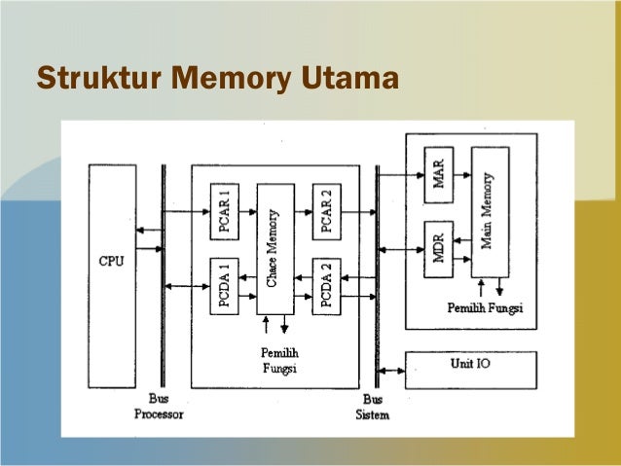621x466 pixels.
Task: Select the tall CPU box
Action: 112,263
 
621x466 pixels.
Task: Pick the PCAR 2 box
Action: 326,211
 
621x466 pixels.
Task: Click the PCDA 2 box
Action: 326,286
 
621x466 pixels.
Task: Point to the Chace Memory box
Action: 274,248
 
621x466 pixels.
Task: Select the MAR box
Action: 438,175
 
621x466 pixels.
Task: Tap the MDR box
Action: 438,249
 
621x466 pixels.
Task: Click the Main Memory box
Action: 490,212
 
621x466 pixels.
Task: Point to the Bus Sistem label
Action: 372,408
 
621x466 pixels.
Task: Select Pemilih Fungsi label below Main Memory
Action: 484,308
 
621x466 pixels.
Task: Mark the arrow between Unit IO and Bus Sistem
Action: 392,371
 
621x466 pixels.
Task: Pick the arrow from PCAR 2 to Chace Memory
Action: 303,211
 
